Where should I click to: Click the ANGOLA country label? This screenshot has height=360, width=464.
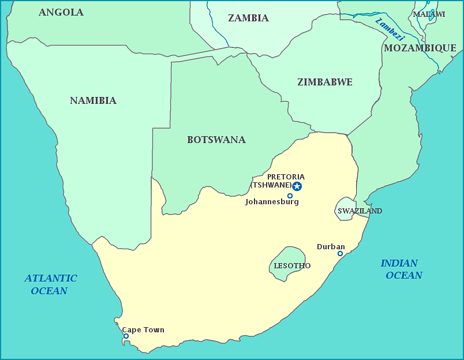pos(61,12)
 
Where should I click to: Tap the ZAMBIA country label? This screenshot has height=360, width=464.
pos(248,18)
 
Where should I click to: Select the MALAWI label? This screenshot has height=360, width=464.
pos(429,14)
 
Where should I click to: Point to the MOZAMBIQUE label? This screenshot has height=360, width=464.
pos(420,48)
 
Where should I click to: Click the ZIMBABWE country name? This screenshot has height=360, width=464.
pos(325,82)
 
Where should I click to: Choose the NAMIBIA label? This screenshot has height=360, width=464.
pos(93,100)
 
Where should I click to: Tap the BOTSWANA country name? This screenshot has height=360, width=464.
pos(216,140)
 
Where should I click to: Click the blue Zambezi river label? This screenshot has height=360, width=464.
pos(390,29)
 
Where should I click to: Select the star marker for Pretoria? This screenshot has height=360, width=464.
pos(297,186)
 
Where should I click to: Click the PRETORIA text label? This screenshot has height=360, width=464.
pos(286,177)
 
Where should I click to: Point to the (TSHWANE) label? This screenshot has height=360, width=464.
pos(271,185)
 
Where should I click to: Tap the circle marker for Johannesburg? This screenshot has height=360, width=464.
pos(290,196)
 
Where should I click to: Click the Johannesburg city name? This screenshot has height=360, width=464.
pos(272,202)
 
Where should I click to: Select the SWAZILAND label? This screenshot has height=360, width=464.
pos(360,211)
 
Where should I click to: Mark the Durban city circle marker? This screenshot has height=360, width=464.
pos(340,253)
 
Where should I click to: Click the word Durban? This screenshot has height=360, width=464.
pos(331,246)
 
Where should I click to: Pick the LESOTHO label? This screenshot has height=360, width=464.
pos(292,266)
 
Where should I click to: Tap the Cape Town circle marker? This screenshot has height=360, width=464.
pos(126,336)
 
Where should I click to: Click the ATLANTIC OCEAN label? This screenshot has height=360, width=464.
pos(51,284)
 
